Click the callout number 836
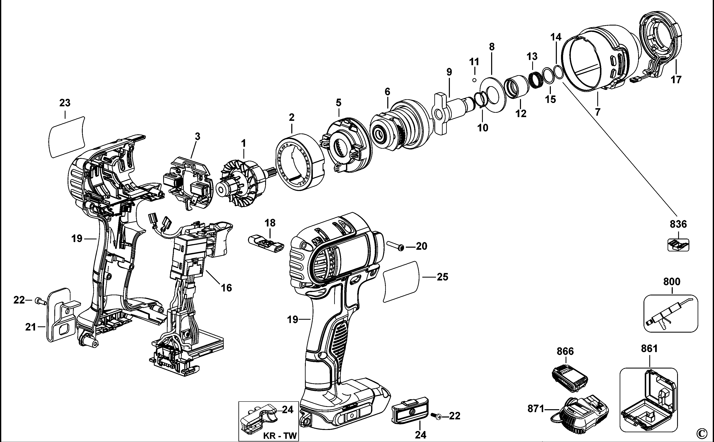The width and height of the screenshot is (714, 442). [678, 224]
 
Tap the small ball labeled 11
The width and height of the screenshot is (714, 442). [474, 80]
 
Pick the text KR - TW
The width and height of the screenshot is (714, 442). [280, 436]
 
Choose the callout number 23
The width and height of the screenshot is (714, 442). [65, 103]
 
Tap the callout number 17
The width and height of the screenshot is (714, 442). [676, 80]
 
